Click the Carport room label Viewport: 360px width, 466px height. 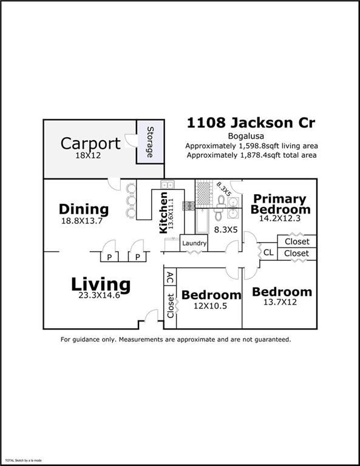click(x=90, y=143)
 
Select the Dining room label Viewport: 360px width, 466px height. click(x=84, y=209)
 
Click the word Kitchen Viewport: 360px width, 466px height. click(x=163, y=212)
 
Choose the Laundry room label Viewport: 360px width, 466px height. click(x=194, y=243)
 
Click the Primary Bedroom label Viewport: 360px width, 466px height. click(x=280, y=204)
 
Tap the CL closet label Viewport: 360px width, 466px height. click(x=268, y=252)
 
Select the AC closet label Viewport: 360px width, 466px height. click(x=170, y=278)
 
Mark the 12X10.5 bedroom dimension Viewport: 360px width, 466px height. click(x=211, y=306)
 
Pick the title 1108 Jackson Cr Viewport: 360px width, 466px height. click(x=251, y=123)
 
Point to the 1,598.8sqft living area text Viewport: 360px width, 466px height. click(x=251, y=146)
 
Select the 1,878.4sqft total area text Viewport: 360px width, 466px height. click(x=251, y=155)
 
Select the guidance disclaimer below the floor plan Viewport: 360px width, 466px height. click(x=175, y=340)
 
